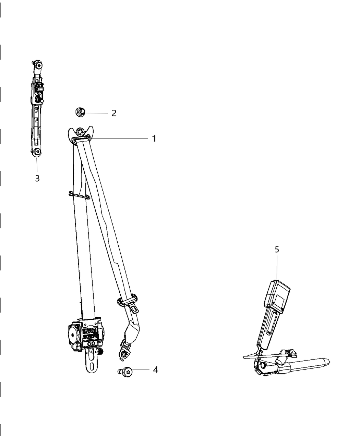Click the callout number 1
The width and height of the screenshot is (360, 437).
pos(154,138)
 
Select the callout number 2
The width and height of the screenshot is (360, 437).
pos(114,113)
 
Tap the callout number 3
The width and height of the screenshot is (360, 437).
pos(37,178)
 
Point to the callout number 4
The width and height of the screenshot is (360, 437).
pos(155,370)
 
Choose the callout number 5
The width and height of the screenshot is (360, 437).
pos(277,250)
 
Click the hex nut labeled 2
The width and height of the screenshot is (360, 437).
pos(80,112)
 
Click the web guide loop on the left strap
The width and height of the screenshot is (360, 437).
pos(79,195)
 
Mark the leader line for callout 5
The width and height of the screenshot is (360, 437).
pos(276,267)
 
